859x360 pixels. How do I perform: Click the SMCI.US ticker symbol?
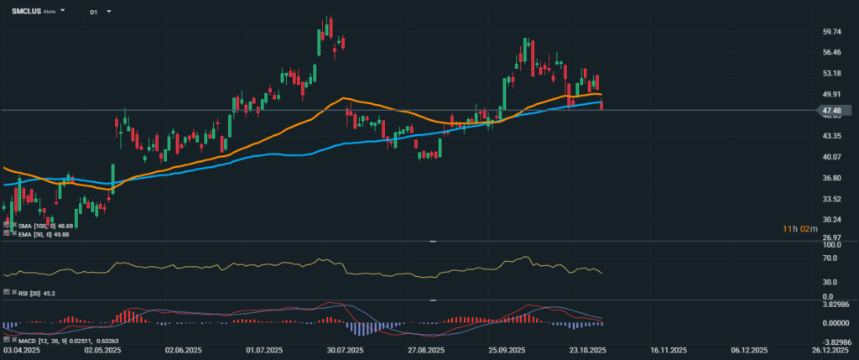(25, 13)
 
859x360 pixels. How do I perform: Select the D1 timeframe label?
(93, 13)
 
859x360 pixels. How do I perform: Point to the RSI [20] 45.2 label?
(32, 292)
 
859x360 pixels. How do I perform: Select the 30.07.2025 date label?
(345, 350)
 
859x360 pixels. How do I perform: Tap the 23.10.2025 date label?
(589, 350)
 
